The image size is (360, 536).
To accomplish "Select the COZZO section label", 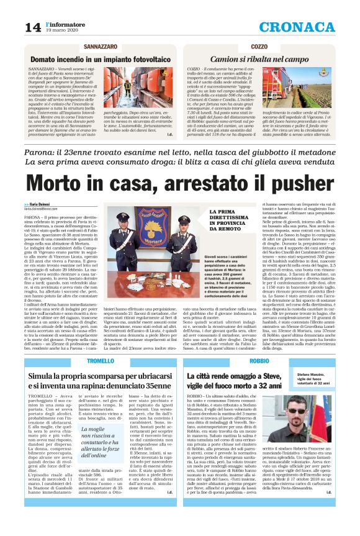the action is (259, 47).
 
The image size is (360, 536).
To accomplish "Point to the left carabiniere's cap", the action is (124, 217).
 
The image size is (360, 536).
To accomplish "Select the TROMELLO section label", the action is (101, 361).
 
